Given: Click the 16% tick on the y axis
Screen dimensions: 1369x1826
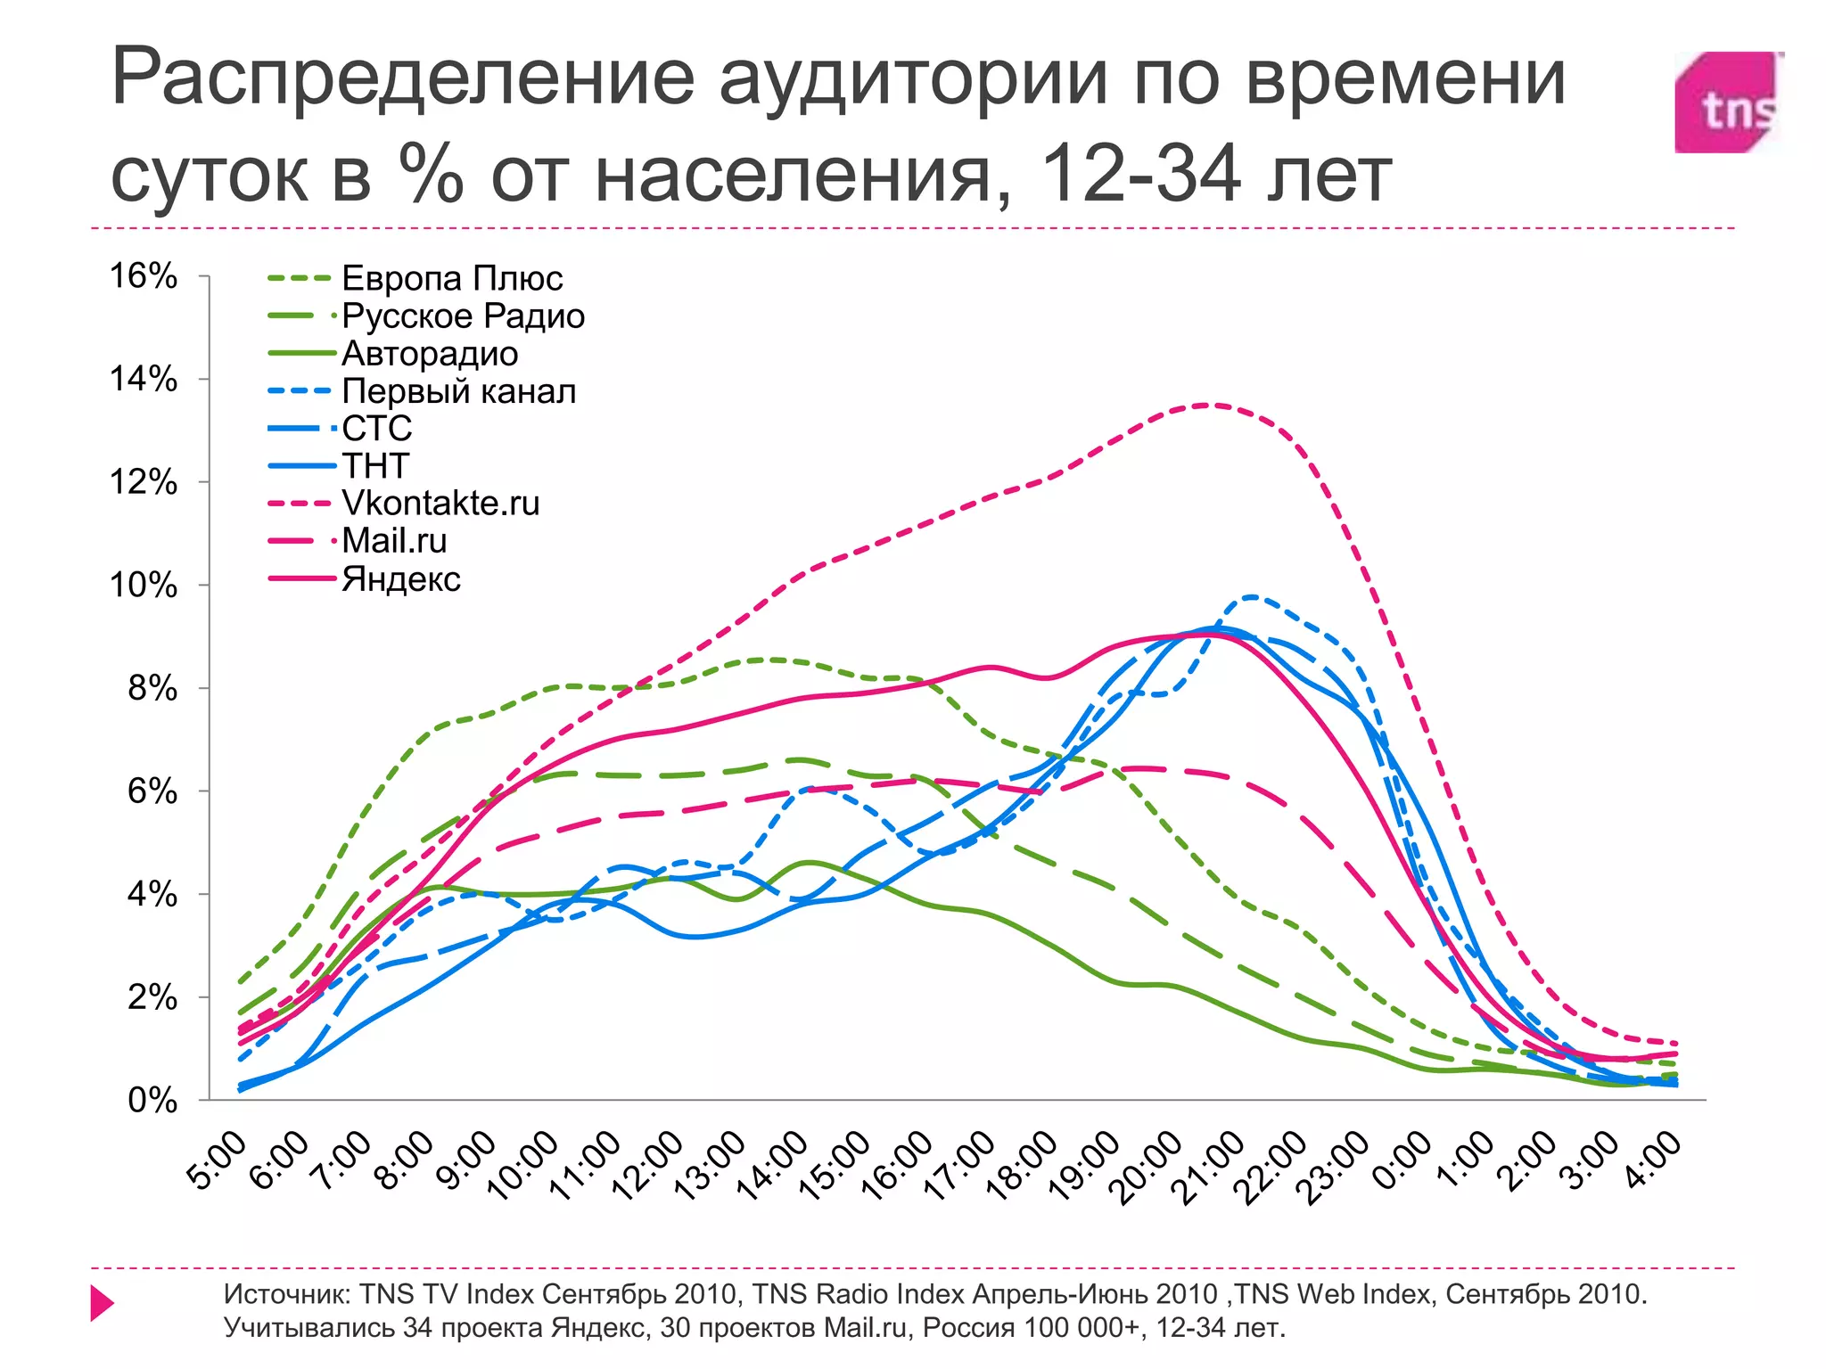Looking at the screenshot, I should [143, 276].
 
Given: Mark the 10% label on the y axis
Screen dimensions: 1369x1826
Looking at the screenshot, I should [143, 586].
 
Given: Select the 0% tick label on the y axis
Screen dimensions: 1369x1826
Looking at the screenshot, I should [152, 1101].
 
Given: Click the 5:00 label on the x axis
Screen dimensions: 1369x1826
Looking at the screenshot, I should [218, 1161].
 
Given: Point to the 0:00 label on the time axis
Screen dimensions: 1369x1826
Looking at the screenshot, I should [1402, 1161].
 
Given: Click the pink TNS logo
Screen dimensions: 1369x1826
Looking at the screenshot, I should [1728, 102].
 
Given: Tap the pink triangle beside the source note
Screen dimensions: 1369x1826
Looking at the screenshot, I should [102, 1303].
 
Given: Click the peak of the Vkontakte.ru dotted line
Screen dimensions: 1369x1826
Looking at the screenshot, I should [1205, 406].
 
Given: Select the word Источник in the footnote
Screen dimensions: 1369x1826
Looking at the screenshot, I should [285, 1294].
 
